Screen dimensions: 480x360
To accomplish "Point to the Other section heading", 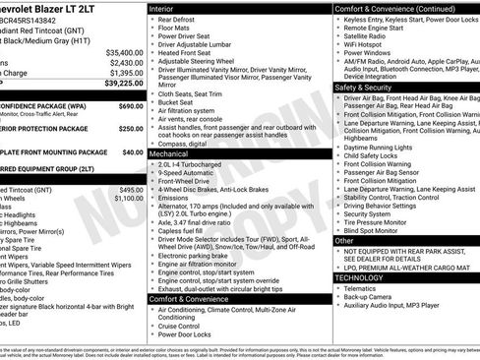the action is point(344,240).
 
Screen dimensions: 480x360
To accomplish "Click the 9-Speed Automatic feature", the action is point(187,174).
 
